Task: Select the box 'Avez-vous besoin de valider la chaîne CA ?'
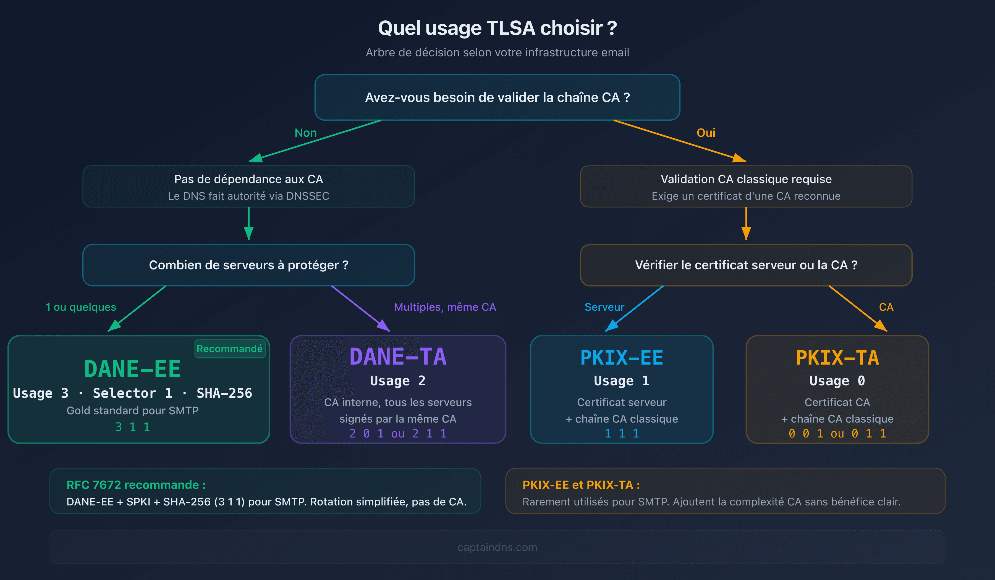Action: click(x=497, y=97)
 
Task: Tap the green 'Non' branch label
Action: click(x=306, y=133)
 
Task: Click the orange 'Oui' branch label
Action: click(x=706, y=133)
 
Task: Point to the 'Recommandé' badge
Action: click(x=229, y=349)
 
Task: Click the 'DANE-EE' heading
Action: click(x=133, y=369)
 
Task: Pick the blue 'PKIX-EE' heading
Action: click(x=622, y=358)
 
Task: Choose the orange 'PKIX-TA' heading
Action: click(x=837, y=358)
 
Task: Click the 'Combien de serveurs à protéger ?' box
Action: click(x=248, y=265)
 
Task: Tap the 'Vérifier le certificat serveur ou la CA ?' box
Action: click(x=746, y=265)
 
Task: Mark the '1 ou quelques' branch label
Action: click(x=81, y=307)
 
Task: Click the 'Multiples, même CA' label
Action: click(x=445, y=307)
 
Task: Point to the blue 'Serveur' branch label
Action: click(x=604, y=307)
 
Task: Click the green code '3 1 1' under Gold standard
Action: click(x=133, y=427)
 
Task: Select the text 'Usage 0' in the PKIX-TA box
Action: click(x=837, y=381)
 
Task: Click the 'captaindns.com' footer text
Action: click(x=497, y=547)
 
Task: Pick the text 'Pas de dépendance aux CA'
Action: click(x=248, y=179)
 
